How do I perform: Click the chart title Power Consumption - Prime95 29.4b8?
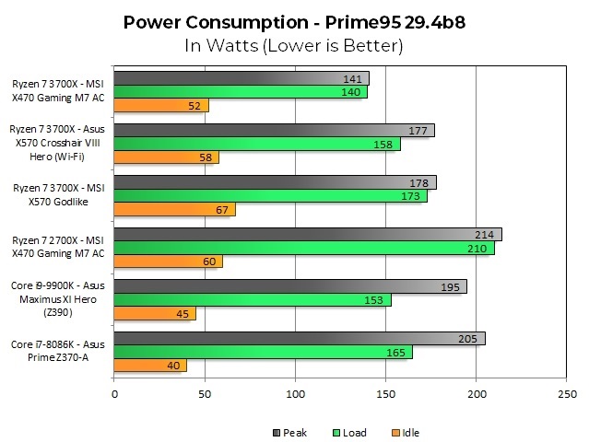coord(294,20)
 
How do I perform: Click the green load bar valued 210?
coord(303,248)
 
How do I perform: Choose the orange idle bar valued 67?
coord(174,209)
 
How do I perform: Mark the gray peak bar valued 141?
coord(241,78)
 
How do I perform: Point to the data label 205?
coord(467,339)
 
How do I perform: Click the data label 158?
coord(383,145)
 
